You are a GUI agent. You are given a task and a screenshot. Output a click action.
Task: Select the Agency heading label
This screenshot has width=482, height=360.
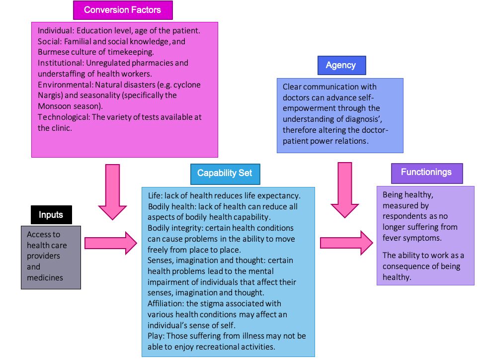(x=341, y=65)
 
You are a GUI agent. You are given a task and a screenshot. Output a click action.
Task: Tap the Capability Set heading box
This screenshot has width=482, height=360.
(x=224, y=174)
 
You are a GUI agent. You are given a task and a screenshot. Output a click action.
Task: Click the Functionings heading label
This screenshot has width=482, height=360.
(x=426, y=173)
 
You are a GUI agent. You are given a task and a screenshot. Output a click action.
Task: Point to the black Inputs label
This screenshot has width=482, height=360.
(x=51, y=215)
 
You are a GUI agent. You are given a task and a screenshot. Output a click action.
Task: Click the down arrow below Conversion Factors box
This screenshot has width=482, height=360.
(x=113, y=191)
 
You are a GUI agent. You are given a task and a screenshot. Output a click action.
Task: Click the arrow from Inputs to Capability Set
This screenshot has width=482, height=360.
(x=110, y=243)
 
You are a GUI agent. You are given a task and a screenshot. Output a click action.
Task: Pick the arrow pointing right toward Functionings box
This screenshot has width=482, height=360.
(x=346, y=243)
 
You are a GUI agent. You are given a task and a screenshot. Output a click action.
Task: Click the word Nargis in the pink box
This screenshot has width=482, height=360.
(x=49, y=95)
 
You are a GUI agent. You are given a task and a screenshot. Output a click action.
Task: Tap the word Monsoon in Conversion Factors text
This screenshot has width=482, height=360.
(x=56, y=106)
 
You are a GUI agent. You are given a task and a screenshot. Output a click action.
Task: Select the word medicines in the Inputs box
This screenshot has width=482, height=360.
(x=45, y=277)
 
